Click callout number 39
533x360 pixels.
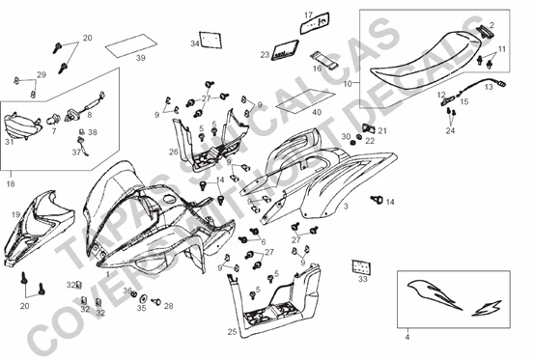pyautogui.click(x=141, y=59)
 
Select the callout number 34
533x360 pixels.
pyautogui.click(x=194, y=43)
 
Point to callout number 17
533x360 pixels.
pyautogui.click(x=310, y=14)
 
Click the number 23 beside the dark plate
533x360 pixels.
pyautogui.click(x=265, y=55)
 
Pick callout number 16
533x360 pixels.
pyautogui.click(x=318, y=69)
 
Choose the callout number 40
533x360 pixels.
pyautogui.click(x=315, y=112)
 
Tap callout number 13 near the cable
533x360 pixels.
pyautogui.click(x=488, y=86)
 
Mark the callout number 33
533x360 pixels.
pyautogui.click(x=362, y=280)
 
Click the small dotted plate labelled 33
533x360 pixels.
pyautogui.click(x=362, y=265)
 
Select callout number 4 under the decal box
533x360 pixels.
pyautogui.click(x=407, y=338)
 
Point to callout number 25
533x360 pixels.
pyautogui.click(x=232, y=331)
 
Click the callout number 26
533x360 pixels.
pyautogui.click(x=173, y=152)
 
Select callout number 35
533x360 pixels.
pyautogui.click(x=141, y=309)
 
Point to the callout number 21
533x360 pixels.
pyautogui.click(x=381, y=130)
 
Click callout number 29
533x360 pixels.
pyautogui.click(x=42, y=74)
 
